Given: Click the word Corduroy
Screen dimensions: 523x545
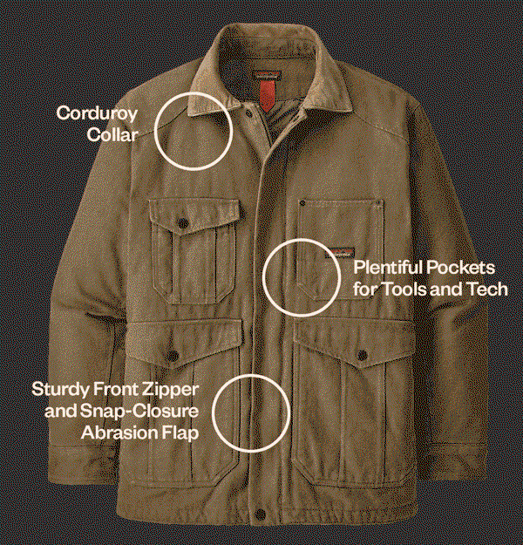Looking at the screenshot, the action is [97, 113].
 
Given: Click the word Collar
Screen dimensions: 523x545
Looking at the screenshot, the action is [112, 134].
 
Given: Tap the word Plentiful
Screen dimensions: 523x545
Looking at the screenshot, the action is [388, 268].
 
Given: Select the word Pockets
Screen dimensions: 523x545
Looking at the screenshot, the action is [460, 268].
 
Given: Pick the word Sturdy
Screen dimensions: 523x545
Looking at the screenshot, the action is [60, 390].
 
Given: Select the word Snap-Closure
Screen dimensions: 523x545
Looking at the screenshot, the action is [139, 412].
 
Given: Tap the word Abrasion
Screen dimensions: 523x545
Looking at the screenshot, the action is [120, 433].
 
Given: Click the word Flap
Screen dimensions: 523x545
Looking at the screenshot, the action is [181, 433].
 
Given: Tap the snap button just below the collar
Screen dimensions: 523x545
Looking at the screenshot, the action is [248, 113].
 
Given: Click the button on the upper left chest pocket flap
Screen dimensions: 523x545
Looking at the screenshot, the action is [182, 223].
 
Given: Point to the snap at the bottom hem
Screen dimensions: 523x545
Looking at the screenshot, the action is [260, 514].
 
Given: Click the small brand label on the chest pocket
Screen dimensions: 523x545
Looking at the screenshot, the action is [340, 253].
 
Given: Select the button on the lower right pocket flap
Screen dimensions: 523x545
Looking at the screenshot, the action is [362, 355].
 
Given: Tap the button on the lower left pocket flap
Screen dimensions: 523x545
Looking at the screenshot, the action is [173, 356].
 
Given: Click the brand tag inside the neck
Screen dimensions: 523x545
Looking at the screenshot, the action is [267, 75].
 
